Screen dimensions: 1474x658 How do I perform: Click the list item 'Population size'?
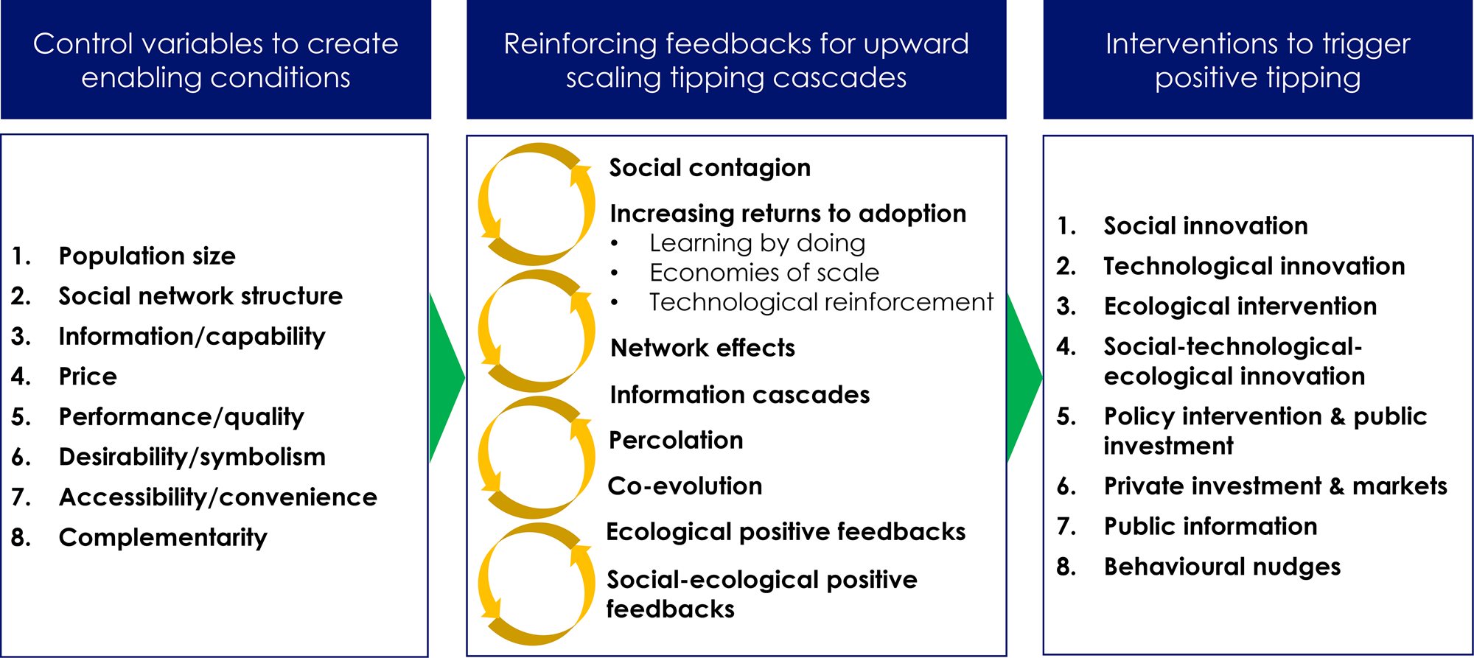point(147,256)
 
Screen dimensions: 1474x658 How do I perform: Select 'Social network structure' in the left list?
point(200,296)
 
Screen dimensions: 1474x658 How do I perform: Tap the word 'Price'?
point(88,377)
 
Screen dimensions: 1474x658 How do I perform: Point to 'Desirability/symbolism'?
point(192,457)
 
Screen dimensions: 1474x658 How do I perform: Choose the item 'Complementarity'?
point(163,538)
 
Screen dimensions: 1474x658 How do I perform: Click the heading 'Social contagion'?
point(710,168)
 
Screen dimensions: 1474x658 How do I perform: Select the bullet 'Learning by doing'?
point(758,243)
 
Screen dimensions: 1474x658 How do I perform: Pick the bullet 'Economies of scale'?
point(764,273)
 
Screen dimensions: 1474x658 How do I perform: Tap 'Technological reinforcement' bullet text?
point(821,302)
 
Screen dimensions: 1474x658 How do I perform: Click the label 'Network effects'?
point(703,348)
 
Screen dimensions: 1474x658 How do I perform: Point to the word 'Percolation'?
point(676,441)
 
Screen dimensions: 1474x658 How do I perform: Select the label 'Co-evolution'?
point(685,486)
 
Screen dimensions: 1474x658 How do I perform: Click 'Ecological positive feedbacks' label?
point(786,532)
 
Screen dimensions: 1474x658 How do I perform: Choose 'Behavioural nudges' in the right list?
point(1222,567)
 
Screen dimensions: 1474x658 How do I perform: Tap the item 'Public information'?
point(1210,526)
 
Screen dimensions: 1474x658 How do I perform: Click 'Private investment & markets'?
point(1276,486)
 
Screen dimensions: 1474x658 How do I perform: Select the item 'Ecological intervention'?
point(1240,306)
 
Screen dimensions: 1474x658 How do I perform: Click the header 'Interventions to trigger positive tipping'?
point(1257,60)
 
